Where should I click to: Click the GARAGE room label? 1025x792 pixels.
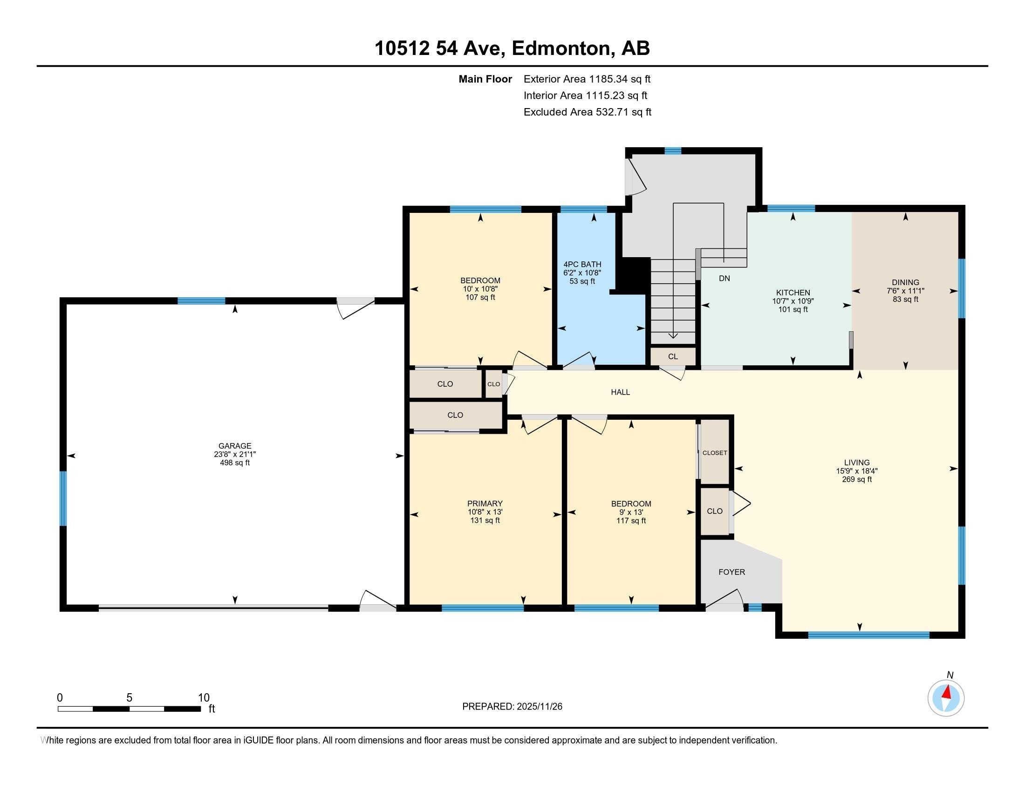pyautogui.click(x=235, y=446)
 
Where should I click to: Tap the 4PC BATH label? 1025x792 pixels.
pyautogui.click(x=582, y=264)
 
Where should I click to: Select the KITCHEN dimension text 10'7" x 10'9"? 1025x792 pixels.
pyautogui.click(x=793, y=301)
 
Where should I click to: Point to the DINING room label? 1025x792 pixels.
pyautogui.click(x=905, y=282)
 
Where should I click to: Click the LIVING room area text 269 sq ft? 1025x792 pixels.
pyautogui.click(x=856, y=479)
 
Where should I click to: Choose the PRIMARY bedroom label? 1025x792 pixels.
pyautogui.click(x=485, y=504)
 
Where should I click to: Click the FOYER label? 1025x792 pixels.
pyautogui.click(x=731, y=572)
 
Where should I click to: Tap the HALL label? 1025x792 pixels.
pyautogui.click(x=620, y=392)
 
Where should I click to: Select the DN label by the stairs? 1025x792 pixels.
pyautogui.click(x=724, y=278)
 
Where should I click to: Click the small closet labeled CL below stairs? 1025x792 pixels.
pyautogui.click(x=672, y=356)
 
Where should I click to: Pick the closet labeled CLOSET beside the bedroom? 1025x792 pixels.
pyautogui.click(x=714, y=453)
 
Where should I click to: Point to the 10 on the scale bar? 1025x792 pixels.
pyautogui.click(x=203, y=698)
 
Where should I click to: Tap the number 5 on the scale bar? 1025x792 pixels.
pyautogui.click(x=129, y=698)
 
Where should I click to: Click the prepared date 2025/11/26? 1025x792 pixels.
pyautogui.click(x=539, y=707)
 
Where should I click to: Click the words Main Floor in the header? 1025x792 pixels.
pyautogui.click(x=485, y=79)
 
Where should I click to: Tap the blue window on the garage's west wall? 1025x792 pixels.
pyautogui.click(x=63, y=498)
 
